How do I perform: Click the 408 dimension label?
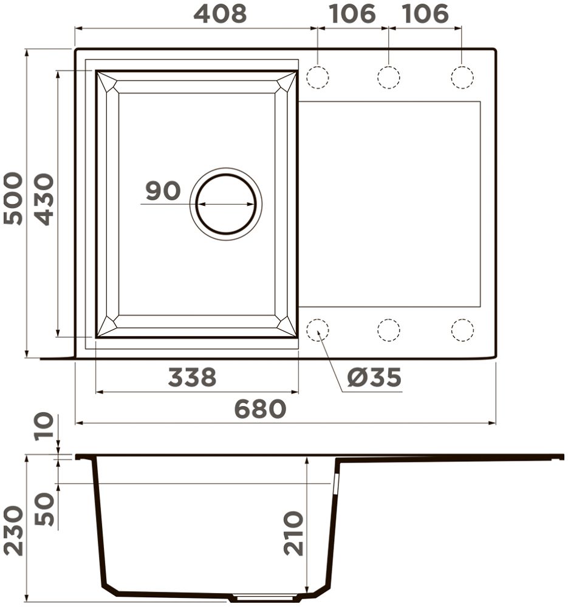point(220,13)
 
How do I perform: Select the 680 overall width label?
point(261,409)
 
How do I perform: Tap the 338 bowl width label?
point(192,377)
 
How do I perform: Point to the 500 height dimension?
point(13,198)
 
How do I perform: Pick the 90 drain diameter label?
point(163,191)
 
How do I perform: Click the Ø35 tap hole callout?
point(374,377)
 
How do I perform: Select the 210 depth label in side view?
point(293,534)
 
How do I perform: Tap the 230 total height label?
point(13,531)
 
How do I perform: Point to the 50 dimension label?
point(44,509)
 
